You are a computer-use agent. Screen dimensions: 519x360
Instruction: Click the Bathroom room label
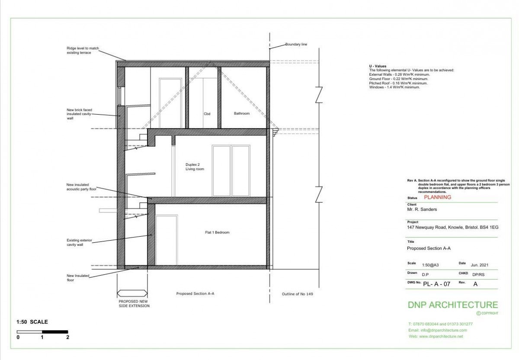(242, 113)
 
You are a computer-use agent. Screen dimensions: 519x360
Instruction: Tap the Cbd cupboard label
(207, 114)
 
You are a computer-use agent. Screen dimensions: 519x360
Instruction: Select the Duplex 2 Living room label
(195, 167)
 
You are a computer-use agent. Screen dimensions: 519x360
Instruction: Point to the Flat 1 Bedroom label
(217, 232)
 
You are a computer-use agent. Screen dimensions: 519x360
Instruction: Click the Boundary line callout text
(296, 44)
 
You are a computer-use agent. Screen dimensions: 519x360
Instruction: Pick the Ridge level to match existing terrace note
(83, 50)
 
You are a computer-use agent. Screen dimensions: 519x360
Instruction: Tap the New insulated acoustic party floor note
(81, 187)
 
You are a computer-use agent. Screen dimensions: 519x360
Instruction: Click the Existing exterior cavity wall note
(79, 242)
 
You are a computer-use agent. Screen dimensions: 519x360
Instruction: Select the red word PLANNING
(437, 197)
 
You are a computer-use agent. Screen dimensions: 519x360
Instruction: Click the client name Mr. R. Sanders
(422, 209)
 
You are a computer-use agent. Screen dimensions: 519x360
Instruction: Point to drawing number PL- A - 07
(436, 284)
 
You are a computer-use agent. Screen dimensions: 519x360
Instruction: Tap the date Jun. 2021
(479, 265)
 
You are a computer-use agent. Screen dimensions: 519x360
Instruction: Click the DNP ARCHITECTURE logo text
(453, 305)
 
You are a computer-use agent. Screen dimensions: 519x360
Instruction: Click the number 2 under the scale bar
(67, 337)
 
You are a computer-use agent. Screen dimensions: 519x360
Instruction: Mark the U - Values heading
(378, 66)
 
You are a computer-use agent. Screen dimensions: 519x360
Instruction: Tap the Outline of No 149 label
(297, 294)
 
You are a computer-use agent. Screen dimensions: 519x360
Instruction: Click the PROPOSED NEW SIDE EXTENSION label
(134, 304)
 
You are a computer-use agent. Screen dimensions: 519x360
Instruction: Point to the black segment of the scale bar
(55, 332)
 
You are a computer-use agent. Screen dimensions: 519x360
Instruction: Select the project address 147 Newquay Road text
(452, 228)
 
